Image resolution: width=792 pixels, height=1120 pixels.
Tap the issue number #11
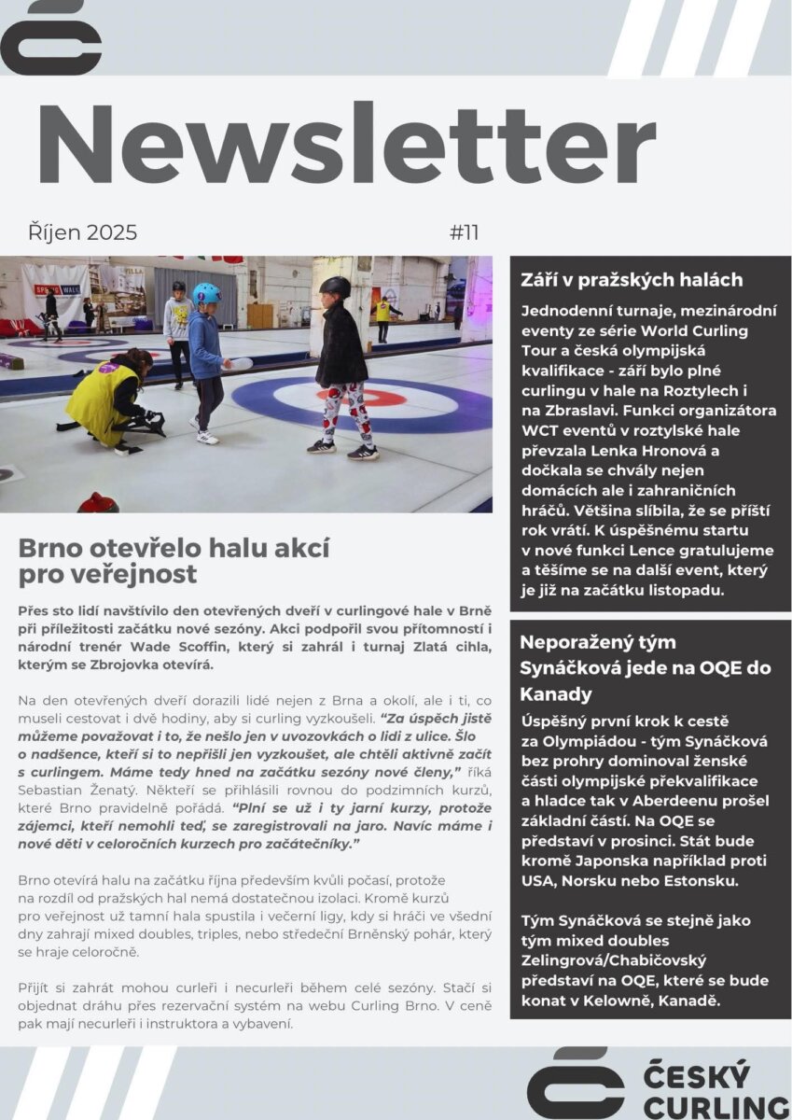pyautogui.click(x=464, y=232)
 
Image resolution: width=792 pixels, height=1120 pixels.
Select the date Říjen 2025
pyautogui.click(x=82, y=232)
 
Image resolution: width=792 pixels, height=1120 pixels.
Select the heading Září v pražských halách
pyautogui.click(x=632, y=279)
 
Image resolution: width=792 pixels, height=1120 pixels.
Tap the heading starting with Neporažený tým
pyautogui.click(x=597, y=642)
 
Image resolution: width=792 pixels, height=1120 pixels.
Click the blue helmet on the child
pyautogui.click(x=206, y=294)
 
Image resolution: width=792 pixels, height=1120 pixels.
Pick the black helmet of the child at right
pyautogui.click(x=335, y=287)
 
